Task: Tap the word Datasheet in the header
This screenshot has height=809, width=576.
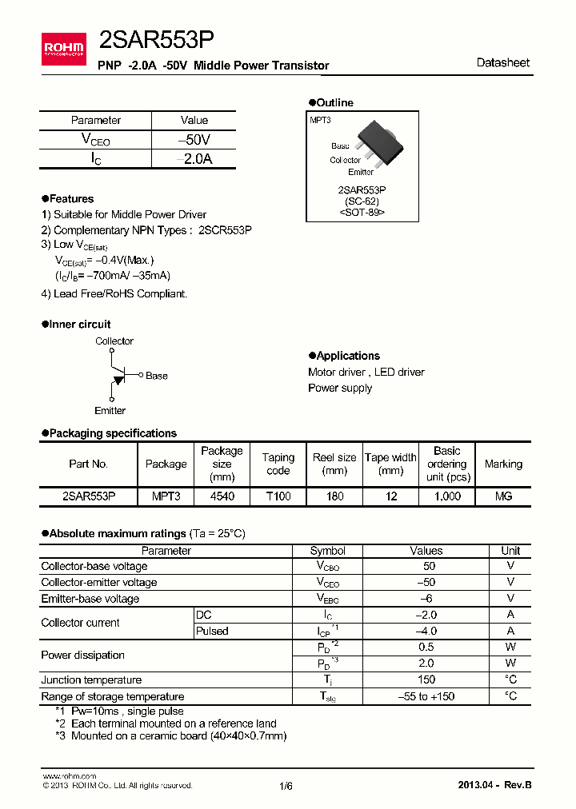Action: point(502,62)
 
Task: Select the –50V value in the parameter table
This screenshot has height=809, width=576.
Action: point(194,140)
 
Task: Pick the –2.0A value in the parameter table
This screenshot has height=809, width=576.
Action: point(194,159)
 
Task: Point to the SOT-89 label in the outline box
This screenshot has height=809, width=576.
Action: point(362,213)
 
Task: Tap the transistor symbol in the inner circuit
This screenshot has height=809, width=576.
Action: point(116,375)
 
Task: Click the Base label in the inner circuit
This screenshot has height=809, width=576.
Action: point(157,376)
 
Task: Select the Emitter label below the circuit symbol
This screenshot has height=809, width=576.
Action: point(110,411)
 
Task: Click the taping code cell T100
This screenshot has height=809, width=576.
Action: point(278,496)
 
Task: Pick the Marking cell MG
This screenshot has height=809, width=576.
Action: point(503,496)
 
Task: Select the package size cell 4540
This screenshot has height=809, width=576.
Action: point(222,496)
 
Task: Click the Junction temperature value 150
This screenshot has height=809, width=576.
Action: point(426,679)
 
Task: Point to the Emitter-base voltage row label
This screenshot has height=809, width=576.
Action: point(90,599)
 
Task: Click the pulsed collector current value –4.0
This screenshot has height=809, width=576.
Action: point(426,631)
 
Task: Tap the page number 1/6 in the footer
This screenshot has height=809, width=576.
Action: point(286,786)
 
